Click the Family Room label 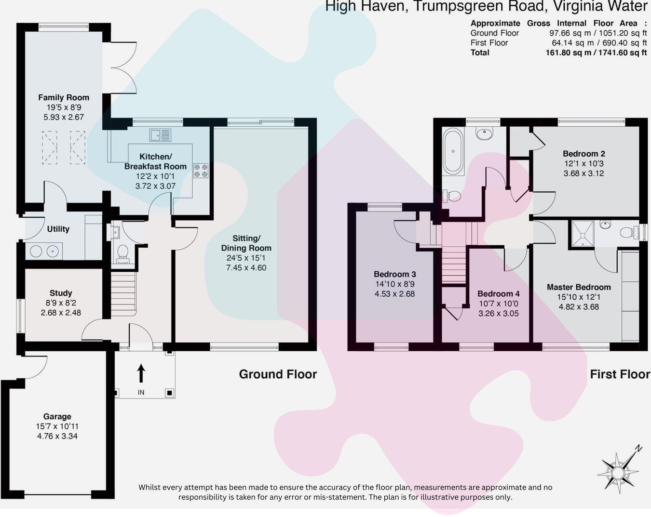pyautogui.click(x=64, y=97)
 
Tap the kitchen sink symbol pyautogui.click(x=160, y=135)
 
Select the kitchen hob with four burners pyautogui.click(x=201, y=170)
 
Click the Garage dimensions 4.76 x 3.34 pyautogui.click(x=57, y=436)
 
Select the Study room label pyautogui.click(x=61, y=293)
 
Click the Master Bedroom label pyautogui.click(x=579, y=287)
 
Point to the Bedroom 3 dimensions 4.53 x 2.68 pyautogui.click(x=394, y=294)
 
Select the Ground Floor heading pyautogui.click(x=278, y=374)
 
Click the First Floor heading pyautogui.click(x=620, y=374)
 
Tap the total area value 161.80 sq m pyautogui.click(x=568, y=53)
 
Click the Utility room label pyautogui.click(x=58, y=229)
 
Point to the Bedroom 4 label pyautogui.click(x=499, y=293)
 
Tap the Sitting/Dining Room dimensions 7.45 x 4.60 pyautogui.click(x=246, y=268)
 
